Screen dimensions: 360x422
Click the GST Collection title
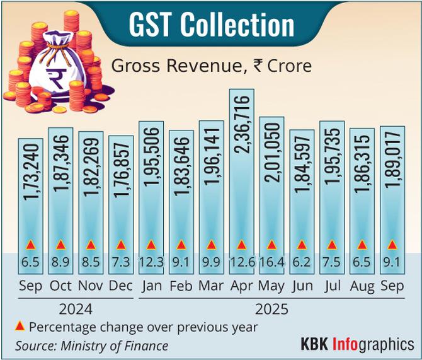(x=212, y=26)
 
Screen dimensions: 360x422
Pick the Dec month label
(x=120, y=286)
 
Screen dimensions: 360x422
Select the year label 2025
(x=271, y=310)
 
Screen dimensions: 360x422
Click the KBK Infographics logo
(x=357, y=344)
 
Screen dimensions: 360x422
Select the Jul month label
(x=332, y=286)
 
